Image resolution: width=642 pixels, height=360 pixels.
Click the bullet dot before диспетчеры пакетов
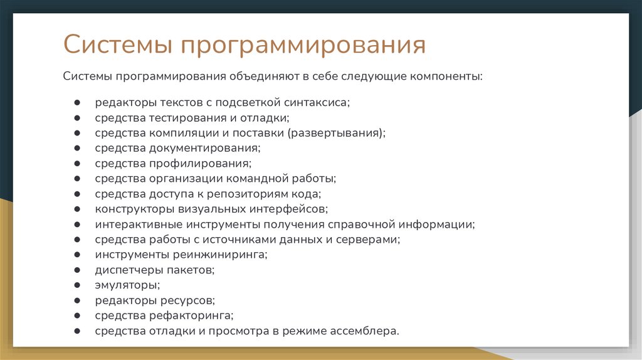pos(76,270)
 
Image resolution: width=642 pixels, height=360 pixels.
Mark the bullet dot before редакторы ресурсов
pos(76,300)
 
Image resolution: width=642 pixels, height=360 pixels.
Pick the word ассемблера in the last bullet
pos(365,331)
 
